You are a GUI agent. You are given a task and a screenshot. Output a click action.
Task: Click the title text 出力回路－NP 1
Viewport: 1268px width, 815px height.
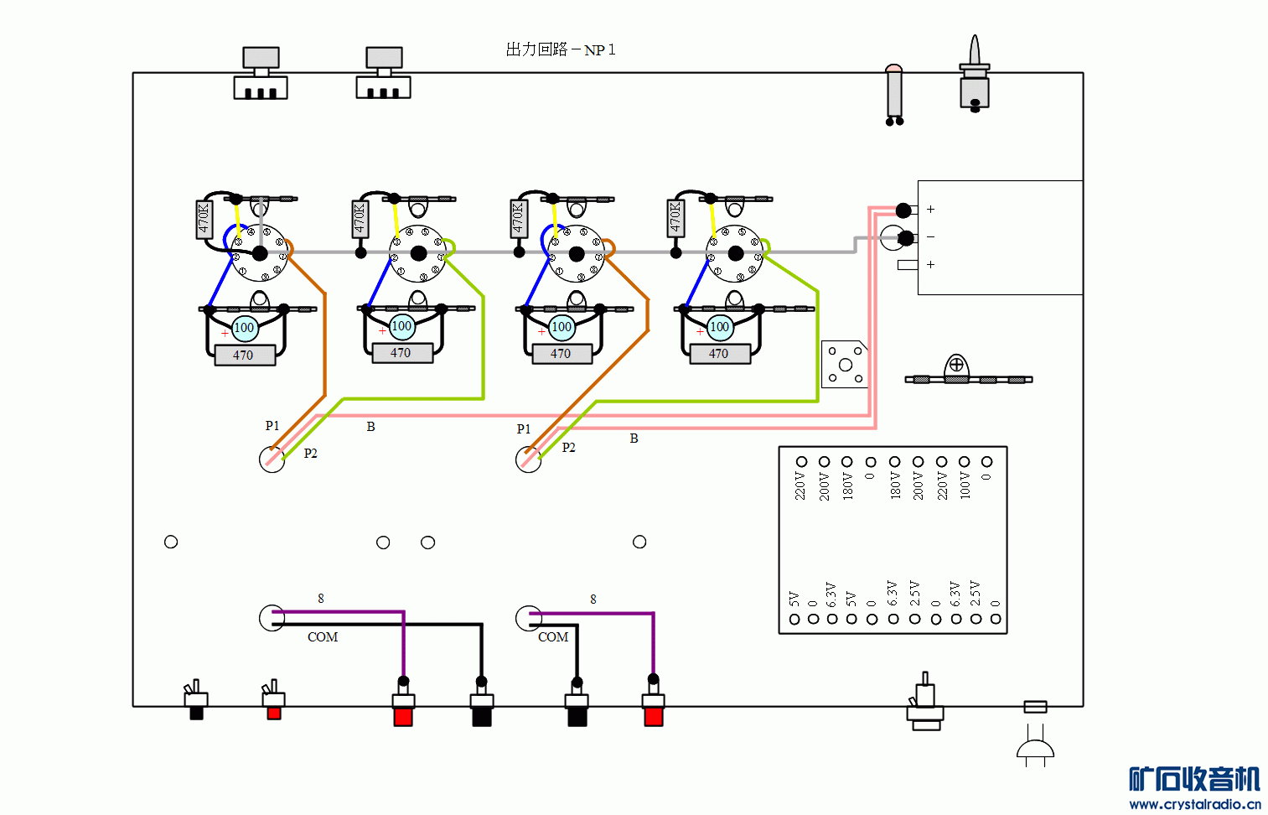[x=560, y=49]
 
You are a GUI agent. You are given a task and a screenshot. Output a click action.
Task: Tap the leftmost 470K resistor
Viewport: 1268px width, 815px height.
[x=204, y=219]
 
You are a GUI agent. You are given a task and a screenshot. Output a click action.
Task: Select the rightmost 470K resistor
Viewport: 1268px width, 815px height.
[x=675, y=216]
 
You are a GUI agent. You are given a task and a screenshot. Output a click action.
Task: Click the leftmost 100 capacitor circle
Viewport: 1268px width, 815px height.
[x=244, y=328]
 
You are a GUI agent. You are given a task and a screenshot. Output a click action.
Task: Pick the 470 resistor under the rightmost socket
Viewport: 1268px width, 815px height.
[x=719, y=354]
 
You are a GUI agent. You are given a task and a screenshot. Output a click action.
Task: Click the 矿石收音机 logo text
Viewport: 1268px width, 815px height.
[x=1193, y=779]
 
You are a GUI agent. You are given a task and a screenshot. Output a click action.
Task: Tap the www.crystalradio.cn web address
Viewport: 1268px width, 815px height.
[x=1194, y=804]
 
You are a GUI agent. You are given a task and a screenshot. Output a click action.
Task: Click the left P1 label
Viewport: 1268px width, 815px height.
[x=272, y=426]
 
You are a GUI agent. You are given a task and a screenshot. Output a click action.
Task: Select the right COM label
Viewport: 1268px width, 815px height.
[x=553, y=637]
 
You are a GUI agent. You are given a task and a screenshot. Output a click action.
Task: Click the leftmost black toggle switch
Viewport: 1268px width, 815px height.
[x=196, y=701]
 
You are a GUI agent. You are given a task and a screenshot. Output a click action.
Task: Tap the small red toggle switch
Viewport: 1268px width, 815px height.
[x=273, y=702]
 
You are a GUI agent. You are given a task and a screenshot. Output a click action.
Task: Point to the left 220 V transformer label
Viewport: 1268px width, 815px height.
[x=800, y=486]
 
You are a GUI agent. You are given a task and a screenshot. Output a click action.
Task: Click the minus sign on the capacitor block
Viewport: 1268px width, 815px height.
[x=930, y=237]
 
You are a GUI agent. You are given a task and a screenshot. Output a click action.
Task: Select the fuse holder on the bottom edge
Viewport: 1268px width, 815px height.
[x=1035, y=707]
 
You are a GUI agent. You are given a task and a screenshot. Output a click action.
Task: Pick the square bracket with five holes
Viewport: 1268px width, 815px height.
[x=845, y=364]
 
